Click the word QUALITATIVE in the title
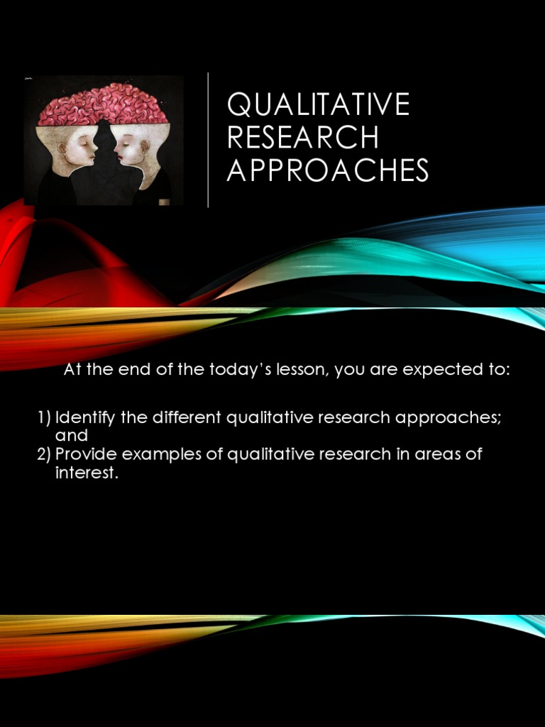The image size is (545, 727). pos(319,105)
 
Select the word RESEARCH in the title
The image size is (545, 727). pos(303,138)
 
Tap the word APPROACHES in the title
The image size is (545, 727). pos(328,170)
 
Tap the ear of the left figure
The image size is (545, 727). pos(62,150)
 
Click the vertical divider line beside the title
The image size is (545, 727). pos(208,139)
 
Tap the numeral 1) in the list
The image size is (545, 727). pos(44,417)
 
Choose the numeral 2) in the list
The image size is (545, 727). pos(44,454)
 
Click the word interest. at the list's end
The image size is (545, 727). pos(85,474)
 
